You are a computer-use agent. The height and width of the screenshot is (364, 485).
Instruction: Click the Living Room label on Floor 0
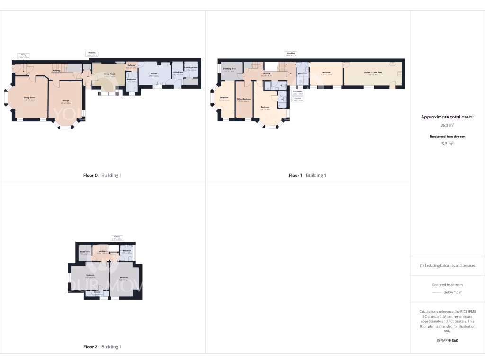pos(30,98)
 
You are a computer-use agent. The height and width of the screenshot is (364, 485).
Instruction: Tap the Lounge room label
pos(66,100)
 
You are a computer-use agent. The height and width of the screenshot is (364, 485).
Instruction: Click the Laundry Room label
pos(191,68)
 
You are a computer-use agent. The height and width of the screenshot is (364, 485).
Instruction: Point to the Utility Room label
pos(178,73)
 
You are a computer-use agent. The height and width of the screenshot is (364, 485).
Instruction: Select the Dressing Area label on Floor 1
pos(229,69)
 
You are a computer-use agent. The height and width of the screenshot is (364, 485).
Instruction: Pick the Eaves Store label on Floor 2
pos(85,252)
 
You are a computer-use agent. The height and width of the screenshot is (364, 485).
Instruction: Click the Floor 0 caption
pos(90,175)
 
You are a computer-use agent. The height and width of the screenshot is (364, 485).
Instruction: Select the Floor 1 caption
pos(296,175)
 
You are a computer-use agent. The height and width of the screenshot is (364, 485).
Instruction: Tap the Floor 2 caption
pos(90,347)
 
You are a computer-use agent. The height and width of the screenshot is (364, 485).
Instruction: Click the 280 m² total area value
pos(447,126)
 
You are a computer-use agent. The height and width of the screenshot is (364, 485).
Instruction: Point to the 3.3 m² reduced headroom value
pos(447,143)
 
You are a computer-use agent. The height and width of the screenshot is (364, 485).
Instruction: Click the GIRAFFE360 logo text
pos(447,340)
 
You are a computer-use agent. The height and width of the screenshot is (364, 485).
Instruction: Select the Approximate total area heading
pos(447,117)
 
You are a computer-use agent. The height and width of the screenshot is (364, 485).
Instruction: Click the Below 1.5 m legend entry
pos(455,293)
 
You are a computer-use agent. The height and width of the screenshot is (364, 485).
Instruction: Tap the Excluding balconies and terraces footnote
pos(447,265)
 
